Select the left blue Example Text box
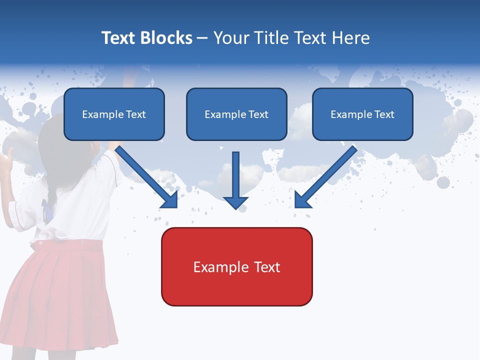[x=114, y=114]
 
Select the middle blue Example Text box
[x=236, y=114]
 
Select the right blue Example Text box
[x=362, y=114]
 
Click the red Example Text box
[x=236, y=266]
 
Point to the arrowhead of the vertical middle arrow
[x=235, y=202]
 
